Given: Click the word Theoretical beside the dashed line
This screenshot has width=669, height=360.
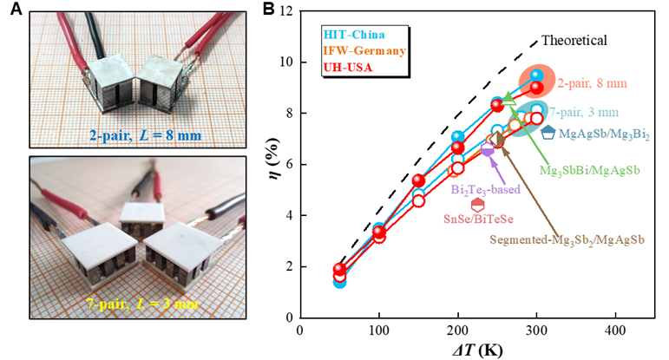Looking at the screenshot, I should coord(574,40).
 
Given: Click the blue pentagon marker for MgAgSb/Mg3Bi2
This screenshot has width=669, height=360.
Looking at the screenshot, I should coord(548,132).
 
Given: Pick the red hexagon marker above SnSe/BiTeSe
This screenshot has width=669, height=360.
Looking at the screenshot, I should coord(477,205).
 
